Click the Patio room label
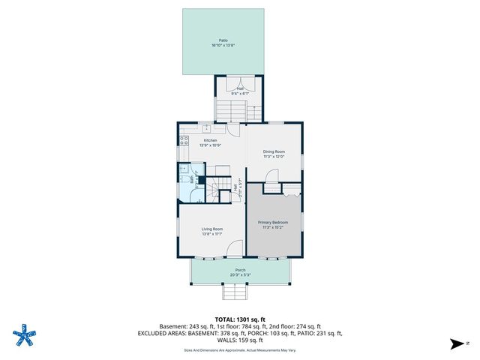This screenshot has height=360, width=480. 223,40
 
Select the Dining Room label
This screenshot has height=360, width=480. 273,151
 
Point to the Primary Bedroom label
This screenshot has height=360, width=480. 273,223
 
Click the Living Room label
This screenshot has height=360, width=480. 212,229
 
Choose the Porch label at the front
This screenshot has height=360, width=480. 240,270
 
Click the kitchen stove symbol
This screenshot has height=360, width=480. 184,139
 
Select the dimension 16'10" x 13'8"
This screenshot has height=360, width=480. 223,46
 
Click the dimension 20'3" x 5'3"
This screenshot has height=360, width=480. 240,275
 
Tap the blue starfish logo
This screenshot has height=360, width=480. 26,335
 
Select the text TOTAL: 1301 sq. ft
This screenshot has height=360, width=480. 240,319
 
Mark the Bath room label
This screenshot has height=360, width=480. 192,180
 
